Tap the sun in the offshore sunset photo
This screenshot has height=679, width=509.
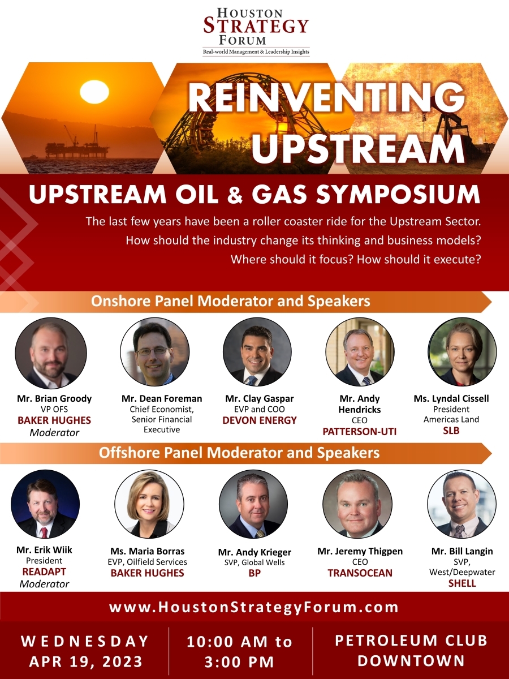click(94, 92)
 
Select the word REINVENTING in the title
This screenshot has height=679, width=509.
click(326, 97)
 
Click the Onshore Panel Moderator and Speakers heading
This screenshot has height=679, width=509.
click(231, 301)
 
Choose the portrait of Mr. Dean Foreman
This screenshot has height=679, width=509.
click(154, 352)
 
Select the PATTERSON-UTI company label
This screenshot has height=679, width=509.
click(360, 432)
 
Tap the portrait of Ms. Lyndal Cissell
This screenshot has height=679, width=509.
click(462, 352)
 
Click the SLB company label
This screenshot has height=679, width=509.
click(451, 431)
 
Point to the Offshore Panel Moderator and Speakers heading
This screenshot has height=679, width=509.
click(239, 453)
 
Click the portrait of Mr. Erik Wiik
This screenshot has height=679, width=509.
click(45, 505)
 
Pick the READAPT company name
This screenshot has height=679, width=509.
click(44, 572)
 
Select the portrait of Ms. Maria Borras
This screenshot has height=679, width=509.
click(149, 505)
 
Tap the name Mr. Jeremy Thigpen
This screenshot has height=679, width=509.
click(359, 551)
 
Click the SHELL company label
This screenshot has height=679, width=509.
click(462, 583)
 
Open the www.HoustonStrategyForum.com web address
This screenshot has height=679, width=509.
click(254, 608)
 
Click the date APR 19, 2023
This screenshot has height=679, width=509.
click(86, 661)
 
